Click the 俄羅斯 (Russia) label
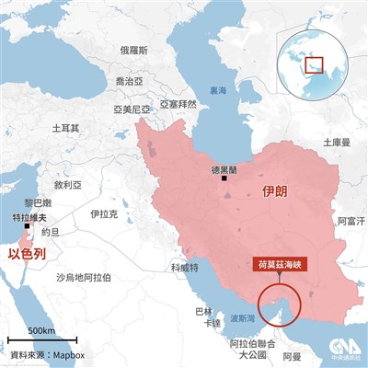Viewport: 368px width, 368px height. [x=134, y=51]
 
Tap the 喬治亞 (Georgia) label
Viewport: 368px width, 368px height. [x=129, y=82]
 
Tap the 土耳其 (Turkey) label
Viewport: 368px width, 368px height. [x=66, y=128]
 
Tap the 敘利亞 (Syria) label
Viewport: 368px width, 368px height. [x=68, y=183]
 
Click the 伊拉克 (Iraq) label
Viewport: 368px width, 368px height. [x=104, y=213]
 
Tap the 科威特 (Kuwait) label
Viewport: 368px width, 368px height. [x=183, y=268]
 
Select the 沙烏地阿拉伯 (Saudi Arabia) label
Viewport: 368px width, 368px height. [x=84, y=277]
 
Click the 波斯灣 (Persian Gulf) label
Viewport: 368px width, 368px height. [x=243, y=318]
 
